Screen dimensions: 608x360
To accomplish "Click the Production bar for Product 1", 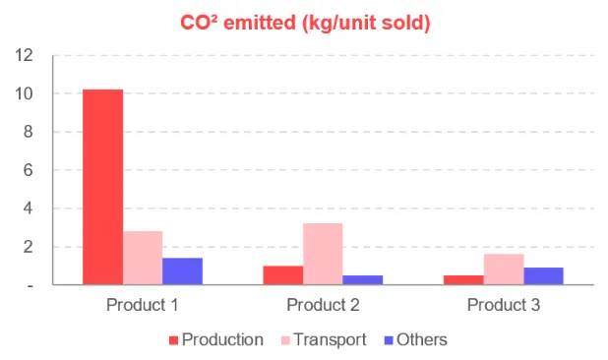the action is [x=102, y=187].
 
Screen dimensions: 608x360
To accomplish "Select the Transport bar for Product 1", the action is [x=143, y=258].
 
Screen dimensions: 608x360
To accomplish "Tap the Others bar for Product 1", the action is [x=182, y=271].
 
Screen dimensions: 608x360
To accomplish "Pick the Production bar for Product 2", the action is [x=283, y=275].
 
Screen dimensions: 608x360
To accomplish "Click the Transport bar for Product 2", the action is [x=323, y=254].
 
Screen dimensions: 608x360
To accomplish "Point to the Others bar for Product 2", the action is [x=363, y=280].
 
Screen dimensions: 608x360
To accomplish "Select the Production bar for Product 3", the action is [x=463, y=280].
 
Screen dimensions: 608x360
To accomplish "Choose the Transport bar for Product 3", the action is [x=504, y=270].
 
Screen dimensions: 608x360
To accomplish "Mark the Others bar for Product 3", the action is [x=544, y=276].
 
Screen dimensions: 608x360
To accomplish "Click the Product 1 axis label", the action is [x=143, y=305].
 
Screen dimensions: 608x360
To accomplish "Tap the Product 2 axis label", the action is [x=323, y=305].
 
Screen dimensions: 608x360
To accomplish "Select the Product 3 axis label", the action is [x=504, y=305].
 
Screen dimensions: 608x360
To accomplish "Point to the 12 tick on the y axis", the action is [x=24, y=55].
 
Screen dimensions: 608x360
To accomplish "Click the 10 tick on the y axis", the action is [x=24, y=93].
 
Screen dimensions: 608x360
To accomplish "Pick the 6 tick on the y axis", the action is [x=28, y=170].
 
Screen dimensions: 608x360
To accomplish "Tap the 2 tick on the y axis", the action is [x=28, y=247].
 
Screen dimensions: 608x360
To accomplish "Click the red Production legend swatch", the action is [x=174, y=340].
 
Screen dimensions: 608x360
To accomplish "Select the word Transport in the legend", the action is [x=330, y=340].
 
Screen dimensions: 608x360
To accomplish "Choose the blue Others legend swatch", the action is [x=389, y=340].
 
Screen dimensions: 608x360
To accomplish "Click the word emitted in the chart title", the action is [x=260, y=23].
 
